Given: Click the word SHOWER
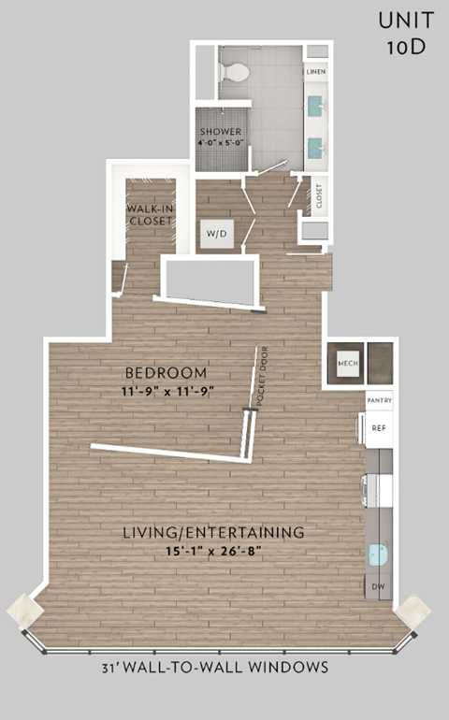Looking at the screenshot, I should tap(220, 132).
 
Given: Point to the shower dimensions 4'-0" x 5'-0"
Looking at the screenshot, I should tap(220, 144).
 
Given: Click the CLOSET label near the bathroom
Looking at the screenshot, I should tap(319, 196).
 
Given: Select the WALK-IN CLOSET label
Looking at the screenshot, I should tap(150, 214).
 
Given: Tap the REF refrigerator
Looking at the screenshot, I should tap(379, 428).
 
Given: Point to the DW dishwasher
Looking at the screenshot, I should tap(379, 587).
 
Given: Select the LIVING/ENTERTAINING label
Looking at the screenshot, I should tap(214, 532).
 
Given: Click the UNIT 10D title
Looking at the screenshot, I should tap(406, 34).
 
